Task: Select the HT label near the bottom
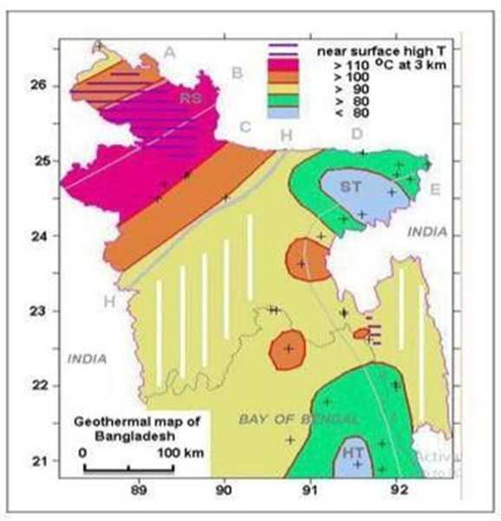coord(354,453)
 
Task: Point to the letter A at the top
coord(170,54)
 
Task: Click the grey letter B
coord(236,73)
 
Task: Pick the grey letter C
coord(245,128)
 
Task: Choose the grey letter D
coord(356,133)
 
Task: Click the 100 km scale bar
coord(129,468)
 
